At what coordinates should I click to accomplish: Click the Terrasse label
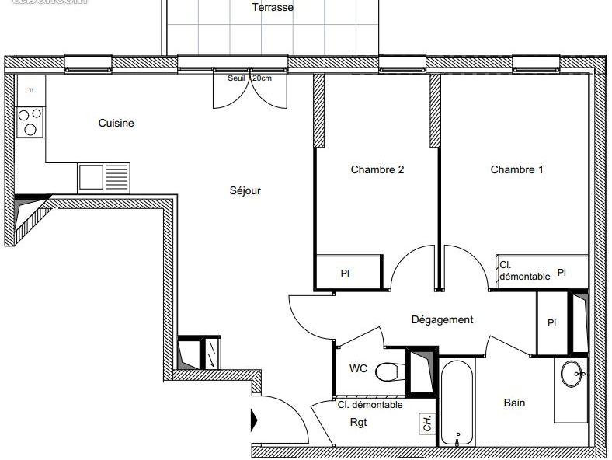[x=273, y=8]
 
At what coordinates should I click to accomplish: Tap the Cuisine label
[x=116, y=123]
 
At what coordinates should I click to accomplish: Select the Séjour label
[x=245, y=191]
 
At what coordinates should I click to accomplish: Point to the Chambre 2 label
[x=377, y=169]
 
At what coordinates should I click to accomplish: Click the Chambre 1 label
[x=516, y=169]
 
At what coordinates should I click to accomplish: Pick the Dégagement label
[x=442, y=319]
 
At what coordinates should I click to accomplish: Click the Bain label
[x=514, y=402]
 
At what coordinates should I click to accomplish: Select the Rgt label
[x=358, y=423]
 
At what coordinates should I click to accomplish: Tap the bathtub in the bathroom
[x=457, y=402]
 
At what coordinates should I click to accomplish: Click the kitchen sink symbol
[x=104, y=177]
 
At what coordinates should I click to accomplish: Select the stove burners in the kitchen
[x=30, y=121]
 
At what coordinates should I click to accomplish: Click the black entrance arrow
[x=253, y=421]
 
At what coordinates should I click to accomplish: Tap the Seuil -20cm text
[x=249, y=78]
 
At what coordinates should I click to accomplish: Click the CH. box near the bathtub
[x=427, y=423]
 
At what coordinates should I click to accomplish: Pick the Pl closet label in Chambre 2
[x=344, y=273]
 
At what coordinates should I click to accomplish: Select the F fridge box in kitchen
[x=30, y=89]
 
